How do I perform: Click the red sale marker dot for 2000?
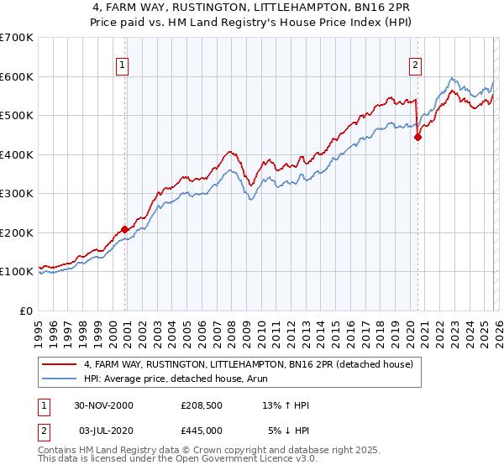125,229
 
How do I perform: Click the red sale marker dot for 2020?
417,138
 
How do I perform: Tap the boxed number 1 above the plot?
123,64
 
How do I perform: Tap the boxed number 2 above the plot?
415,64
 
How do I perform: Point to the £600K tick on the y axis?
17,76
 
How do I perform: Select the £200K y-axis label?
17,232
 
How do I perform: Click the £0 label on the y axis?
27,311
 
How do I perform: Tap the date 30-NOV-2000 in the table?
103,405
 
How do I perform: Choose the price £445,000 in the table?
202,431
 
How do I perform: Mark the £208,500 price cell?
202,405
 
